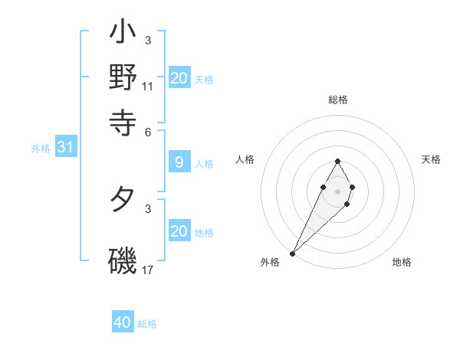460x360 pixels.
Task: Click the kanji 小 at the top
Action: point(123,34)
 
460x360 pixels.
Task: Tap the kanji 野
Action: point(123,77)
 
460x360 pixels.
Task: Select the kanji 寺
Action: point(123,120)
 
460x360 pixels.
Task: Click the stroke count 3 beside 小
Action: point(147,40)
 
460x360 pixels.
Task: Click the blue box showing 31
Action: point(65,148)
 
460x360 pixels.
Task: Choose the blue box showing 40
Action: point(123,322)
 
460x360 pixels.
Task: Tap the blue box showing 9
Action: point(179,162)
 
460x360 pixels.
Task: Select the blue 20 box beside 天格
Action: point(179,78)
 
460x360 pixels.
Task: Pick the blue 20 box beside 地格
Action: point(179,231)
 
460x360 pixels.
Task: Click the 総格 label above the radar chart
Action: point(337,100)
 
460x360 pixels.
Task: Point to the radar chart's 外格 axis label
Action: point(270,262)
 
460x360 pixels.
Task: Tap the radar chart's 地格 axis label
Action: point(402,262)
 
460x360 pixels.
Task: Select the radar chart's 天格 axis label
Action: point(431,159)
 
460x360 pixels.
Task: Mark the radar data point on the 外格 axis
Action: point(293,252)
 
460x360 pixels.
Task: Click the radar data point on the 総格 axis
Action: point(337,161)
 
